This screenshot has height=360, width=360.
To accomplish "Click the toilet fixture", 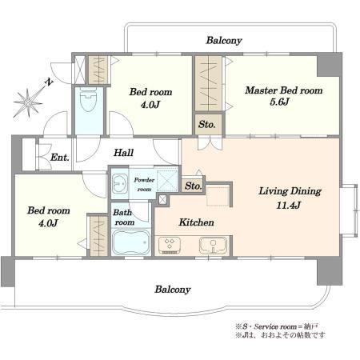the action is (x=88, y=100).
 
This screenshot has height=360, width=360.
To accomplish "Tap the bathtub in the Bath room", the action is (x=131, y=242).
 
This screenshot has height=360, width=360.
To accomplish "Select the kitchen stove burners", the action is (x=170, y=245).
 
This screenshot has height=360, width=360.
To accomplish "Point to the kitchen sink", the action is (x=213, y=245).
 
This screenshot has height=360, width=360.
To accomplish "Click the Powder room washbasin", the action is (x=120, y=183).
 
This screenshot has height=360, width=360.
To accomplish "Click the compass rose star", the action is (x=28, y=102).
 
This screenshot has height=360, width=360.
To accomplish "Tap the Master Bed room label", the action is (x=284, y=90).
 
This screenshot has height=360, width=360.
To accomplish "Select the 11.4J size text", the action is (x=289, y=205).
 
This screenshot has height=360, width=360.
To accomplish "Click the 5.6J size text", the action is (x=279, y=102).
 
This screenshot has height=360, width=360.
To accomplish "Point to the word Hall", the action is (x=123, y=153).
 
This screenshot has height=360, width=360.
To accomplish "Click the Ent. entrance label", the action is (x=60, y=158).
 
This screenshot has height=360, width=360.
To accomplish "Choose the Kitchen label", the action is (x=196, y=222).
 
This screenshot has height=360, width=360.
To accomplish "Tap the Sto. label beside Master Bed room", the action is (x=206, y=125).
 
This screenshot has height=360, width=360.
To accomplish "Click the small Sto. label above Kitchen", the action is (x=193, y=186).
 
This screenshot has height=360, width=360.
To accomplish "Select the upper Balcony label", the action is (x=224, y=41).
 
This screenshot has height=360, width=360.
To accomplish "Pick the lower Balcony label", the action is (x=173, y=290).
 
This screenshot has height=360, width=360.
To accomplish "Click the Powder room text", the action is (x=144, y=185).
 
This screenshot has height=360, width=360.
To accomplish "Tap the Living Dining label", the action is (x=290, y=191).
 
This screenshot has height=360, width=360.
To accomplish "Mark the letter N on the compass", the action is (x=49, y=82).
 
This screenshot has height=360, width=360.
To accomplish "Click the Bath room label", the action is (x=123, y=218).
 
